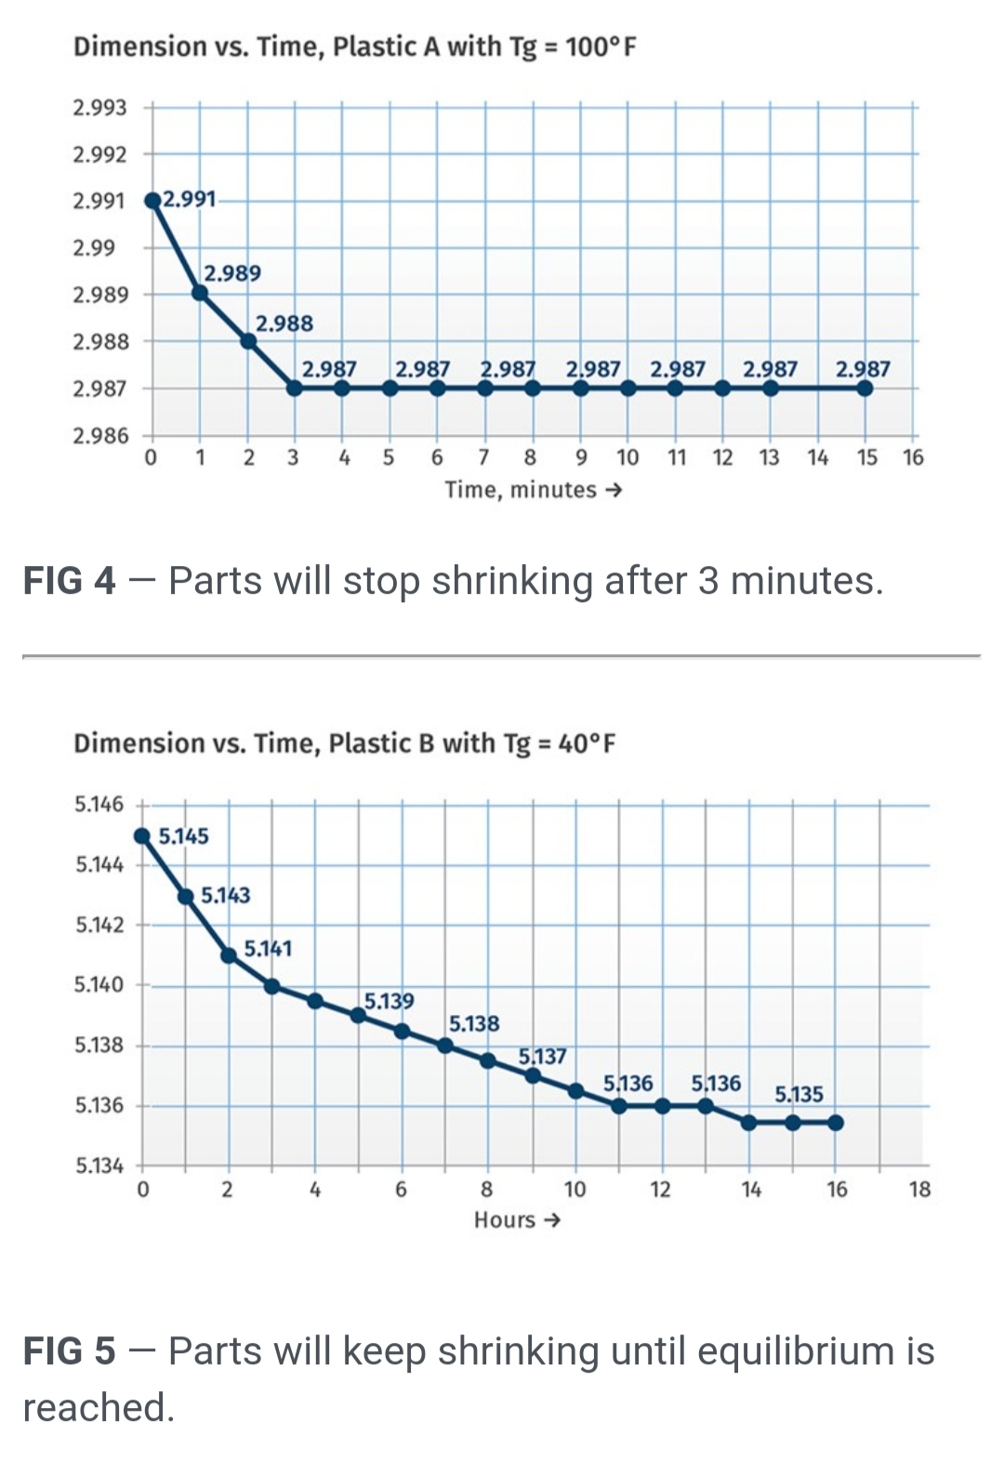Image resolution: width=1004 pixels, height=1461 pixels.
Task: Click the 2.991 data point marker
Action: coord(152,201)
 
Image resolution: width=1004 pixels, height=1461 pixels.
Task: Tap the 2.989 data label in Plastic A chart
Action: coord(232,273)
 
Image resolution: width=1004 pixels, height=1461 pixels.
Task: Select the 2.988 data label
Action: coord(284,323)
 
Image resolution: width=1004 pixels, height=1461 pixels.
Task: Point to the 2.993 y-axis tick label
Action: coord(99,108)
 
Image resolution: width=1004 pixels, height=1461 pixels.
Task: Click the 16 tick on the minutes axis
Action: coord(913,457)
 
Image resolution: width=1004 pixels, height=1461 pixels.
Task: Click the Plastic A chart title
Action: coord(354,46)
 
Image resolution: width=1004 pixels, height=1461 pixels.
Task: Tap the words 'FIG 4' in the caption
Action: coord(69,581)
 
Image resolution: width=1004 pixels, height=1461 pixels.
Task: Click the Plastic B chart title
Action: coord(344,744)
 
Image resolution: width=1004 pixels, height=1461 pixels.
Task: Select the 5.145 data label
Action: coord(183,836)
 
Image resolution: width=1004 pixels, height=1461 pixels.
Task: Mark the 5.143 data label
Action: coord(226,895)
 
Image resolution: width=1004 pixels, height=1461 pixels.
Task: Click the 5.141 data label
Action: coord(268,949)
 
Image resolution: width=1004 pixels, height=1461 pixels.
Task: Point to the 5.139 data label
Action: coord(389,1001)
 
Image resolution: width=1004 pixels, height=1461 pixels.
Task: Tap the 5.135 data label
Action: coord(799,1095)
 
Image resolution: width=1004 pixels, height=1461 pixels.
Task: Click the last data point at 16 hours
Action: coord(836,1123)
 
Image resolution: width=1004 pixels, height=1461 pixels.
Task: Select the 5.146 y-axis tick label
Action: coord(99,804)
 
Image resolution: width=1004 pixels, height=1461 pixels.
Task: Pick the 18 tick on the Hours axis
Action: coord(919,1190)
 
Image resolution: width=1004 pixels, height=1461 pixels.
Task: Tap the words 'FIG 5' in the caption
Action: coord(69,1351)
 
